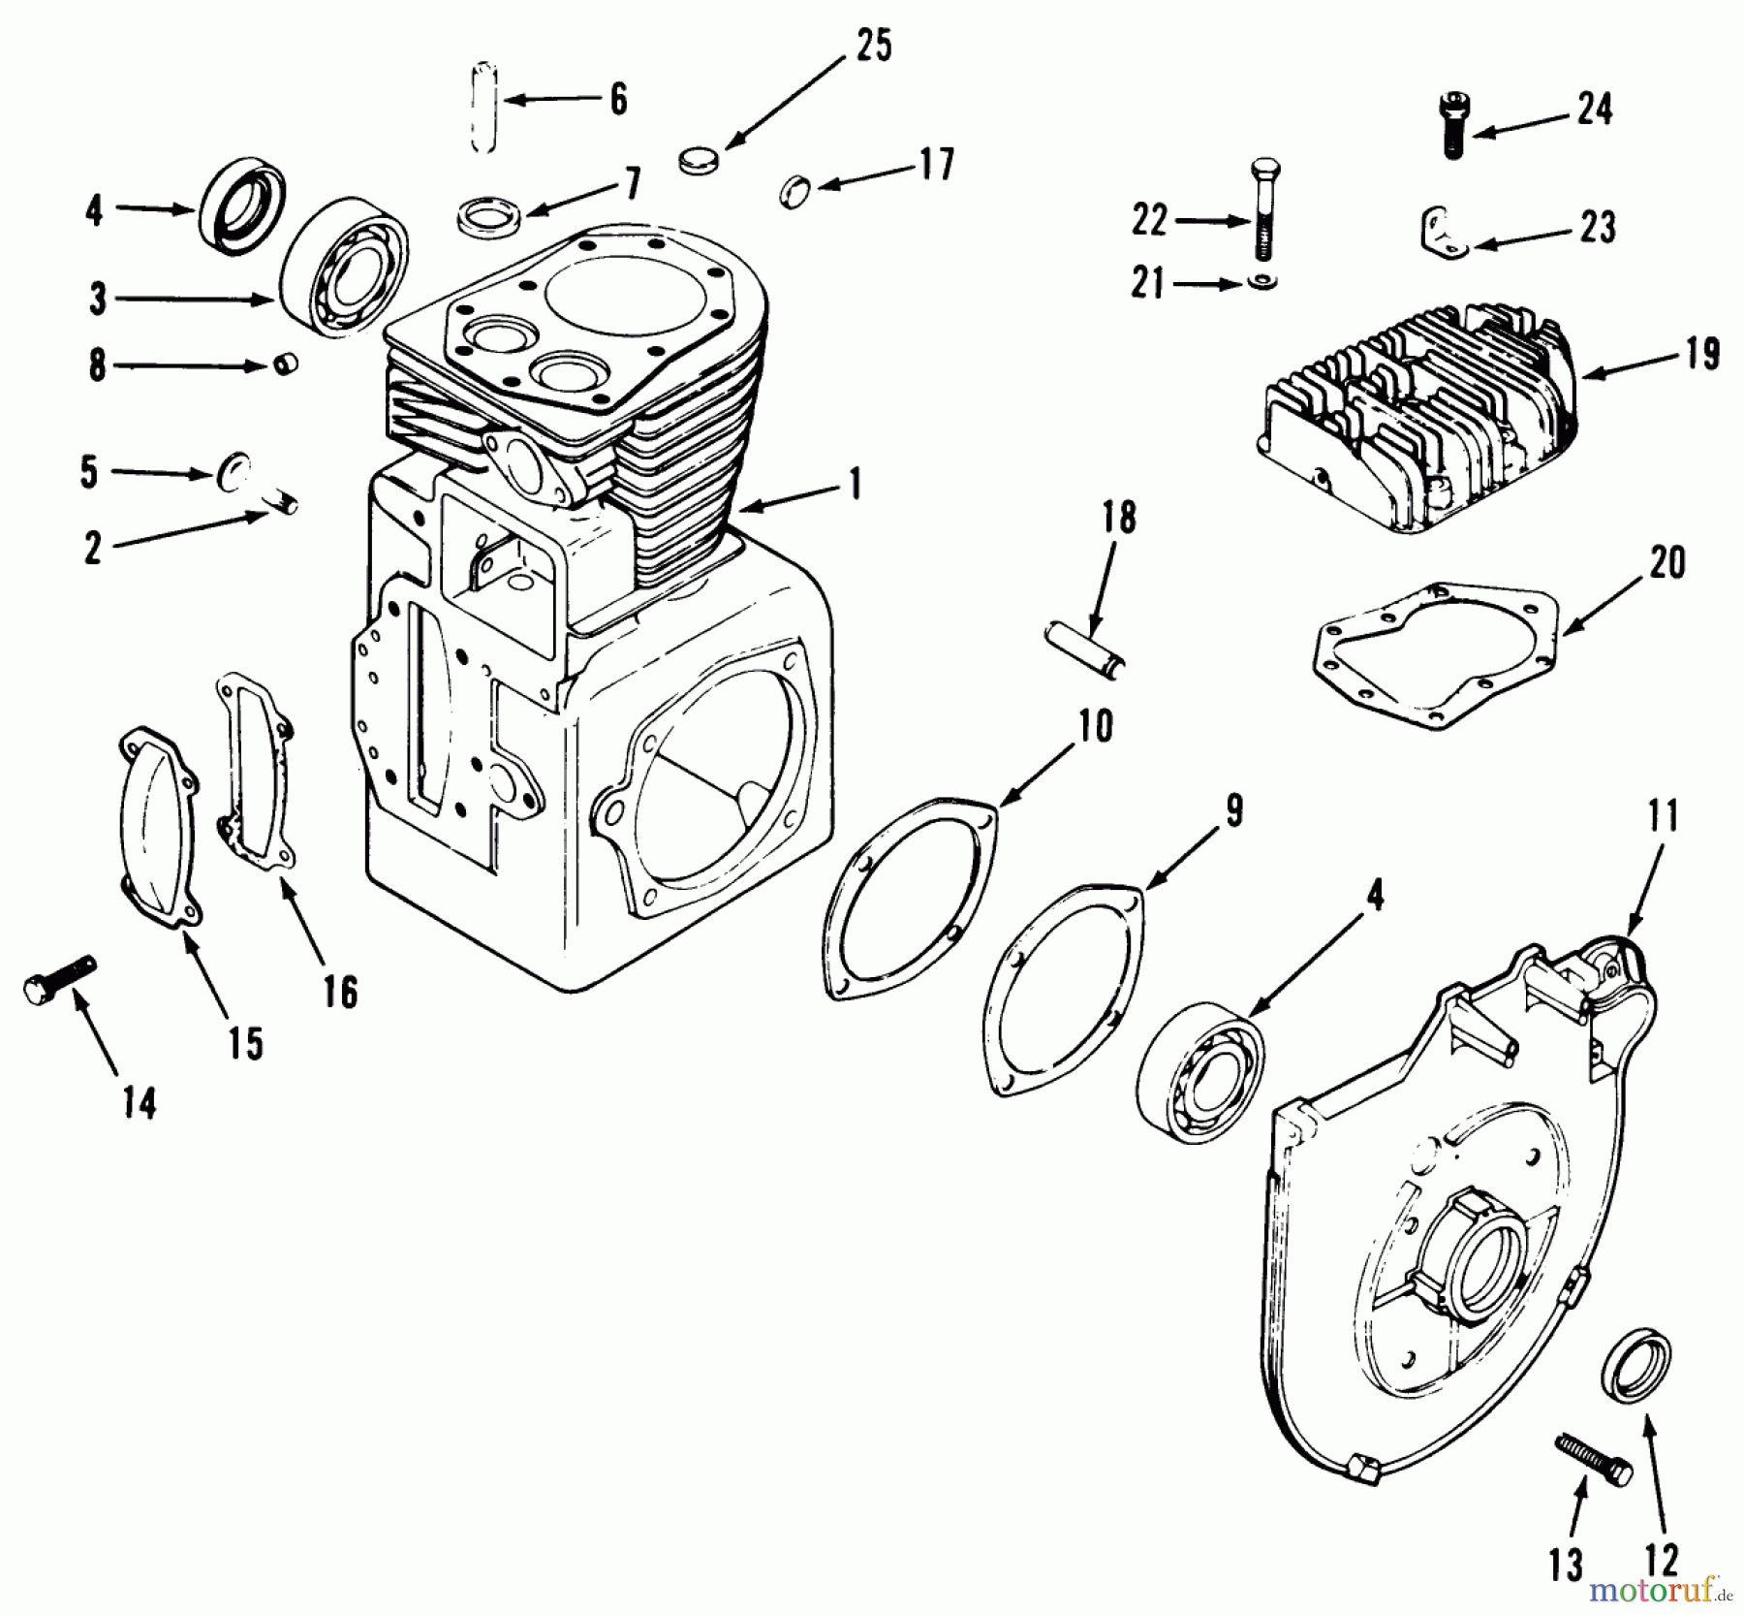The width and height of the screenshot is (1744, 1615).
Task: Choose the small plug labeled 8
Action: tap(285, 365)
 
